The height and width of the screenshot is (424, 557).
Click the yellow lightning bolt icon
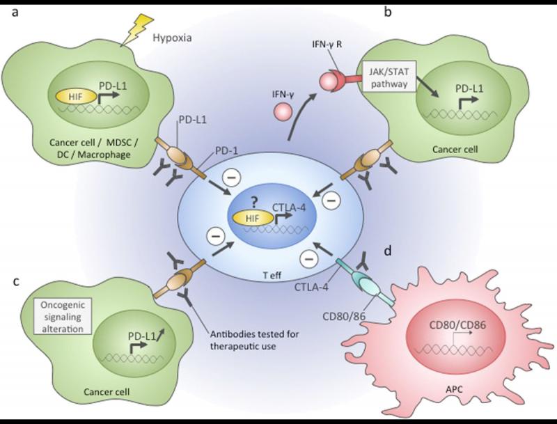(136, 30)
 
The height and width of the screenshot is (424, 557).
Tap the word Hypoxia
(172, 38)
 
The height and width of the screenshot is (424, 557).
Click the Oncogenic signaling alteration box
(63, 317)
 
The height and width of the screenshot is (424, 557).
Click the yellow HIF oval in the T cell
(253, 218)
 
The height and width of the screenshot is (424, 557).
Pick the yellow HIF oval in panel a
(76, 97)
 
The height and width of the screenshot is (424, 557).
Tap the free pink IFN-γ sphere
(283, 112)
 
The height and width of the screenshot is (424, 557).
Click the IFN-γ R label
(327, 45)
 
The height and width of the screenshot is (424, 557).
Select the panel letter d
(388, 251)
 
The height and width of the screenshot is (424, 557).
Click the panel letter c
(15, 282)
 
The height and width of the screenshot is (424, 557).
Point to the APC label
(455, 390)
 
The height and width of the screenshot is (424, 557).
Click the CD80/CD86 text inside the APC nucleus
(457, 325)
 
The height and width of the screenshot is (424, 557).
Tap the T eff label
(272, 276)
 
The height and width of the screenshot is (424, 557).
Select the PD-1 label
(226, 151)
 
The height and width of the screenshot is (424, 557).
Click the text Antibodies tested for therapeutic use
(254, 340)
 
